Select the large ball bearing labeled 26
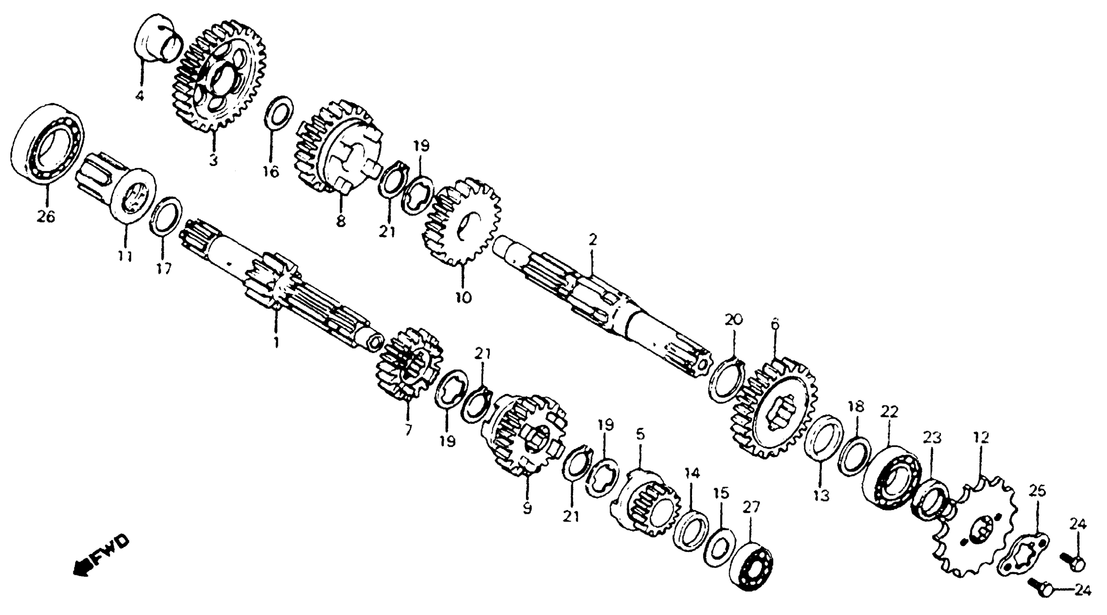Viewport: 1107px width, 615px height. pyautogui.click(x=47, y=144)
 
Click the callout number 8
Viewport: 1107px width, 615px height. pyautogui.click(x=340, y=222)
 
